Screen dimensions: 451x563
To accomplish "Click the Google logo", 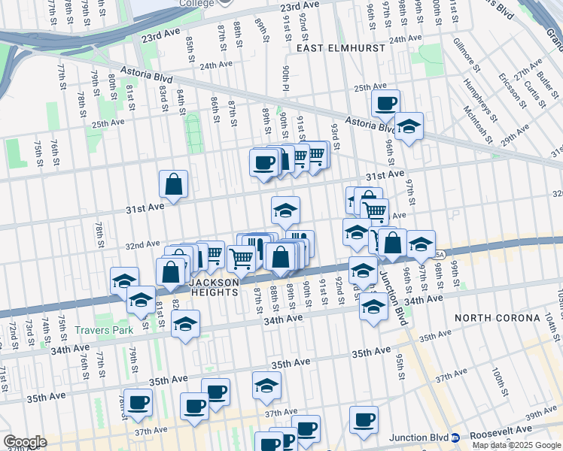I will click(25, 442).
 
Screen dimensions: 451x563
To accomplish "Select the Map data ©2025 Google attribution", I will click(516, 445).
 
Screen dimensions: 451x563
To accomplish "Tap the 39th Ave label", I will click(540, 413).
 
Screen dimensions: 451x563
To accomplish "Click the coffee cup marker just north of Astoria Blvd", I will click(386, 103).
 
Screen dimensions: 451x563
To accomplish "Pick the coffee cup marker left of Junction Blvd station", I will click(364, 419).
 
